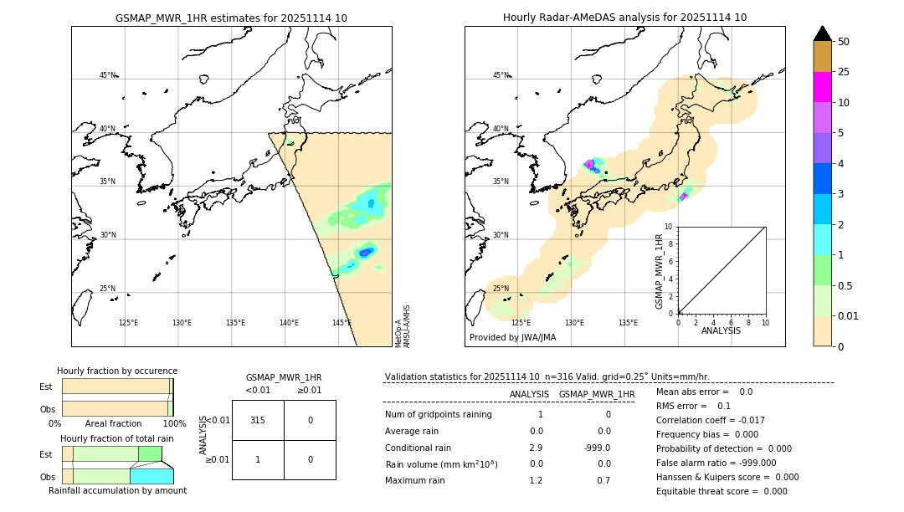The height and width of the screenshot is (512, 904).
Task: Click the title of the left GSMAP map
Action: tap(231, 18)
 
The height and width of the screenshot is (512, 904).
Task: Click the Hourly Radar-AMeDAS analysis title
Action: tap(624, 18)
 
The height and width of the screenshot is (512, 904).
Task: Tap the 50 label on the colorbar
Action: tap(845, 42)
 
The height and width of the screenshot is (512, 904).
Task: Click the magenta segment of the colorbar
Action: tap(823, 87)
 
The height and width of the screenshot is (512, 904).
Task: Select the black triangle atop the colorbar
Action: tap(823, 33)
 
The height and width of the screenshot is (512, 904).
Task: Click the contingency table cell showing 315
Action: tap(258, 420)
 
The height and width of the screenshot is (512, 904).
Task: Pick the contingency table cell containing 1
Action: tap(258, 459)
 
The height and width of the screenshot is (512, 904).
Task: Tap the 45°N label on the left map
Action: tap(107, 75)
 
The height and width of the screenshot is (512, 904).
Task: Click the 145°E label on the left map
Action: tap(342, 323)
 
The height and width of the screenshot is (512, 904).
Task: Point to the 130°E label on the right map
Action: tap(574, 323)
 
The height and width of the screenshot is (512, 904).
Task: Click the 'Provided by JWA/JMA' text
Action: tap(512, 338)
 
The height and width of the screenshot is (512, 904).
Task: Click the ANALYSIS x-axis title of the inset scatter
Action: tap(721, 330)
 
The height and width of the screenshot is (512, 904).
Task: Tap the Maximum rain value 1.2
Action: tap(536, 480)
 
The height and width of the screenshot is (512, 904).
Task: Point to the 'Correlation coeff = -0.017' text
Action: tap(711, 420)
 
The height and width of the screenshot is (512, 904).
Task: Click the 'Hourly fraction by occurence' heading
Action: tap(117, 371)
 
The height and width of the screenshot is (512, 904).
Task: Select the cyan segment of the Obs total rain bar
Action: tap(152, 476)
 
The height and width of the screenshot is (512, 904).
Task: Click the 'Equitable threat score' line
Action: tap(722, 491)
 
